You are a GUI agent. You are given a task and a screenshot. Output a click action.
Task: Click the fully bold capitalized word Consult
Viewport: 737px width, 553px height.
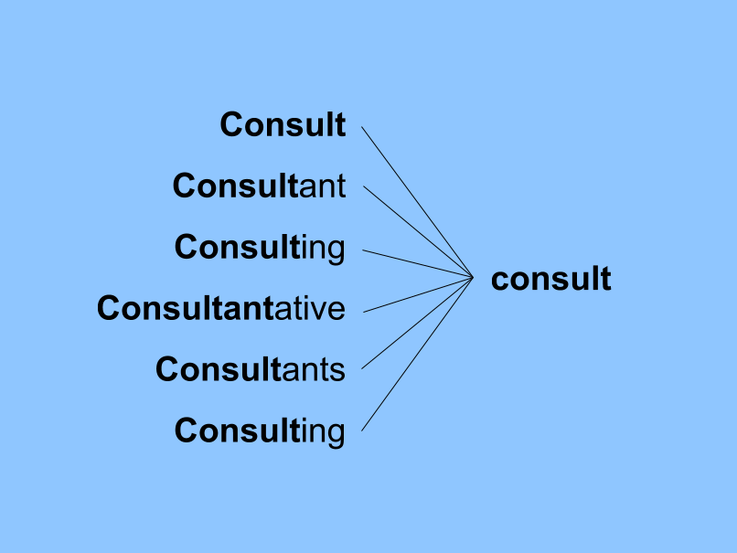pos(283,124)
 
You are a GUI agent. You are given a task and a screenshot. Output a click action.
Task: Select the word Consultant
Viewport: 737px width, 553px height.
pos(259,186)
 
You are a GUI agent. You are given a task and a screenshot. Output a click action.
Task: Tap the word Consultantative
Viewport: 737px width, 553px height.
pos(220,308)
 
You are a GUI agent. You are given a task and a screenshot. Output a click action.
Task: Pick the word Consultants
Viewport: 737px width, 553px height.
pos(250,369)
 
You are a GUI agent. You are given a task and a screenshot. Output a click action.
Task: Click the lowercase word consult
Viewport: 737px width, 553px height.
pos(550,279)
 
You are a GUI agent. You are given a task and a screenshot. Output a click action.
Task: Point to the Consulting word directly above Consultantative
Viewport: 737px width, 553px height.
pos(260,247)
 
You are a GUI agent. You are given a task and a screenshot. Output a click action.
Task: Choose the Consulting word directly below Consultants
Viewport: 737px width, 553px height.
pos(260,430)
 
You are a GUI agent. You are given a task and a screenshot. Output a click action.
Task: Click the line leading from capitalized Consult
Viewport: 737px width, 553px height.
pos(416,200)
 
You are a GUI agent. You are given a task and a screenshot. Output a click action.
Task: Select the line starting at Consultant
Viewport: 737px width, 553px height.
pos(418,230)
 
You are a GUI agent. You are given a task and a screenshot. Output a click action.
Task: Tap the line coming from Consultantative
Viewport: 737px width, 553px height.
pos(418,294)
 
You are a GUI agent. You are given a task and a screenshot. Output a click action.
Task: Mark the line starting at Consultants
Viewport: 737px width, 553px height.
pos(418,323)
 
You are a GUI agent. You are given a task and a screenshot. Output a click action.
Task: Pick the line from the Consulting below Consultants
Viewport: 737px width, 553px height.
pos(417,353)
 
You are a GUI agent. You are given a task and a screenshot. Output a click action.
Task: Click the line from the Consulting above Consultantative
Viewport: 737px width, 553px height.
pos(418,262)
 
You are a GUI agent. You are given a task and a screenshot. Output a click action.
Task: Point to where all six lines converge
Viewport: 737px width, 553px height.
pos(473,277)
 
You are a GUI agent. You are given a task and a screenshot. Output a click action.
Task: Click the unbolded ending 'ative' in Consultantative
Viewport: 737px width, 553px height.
pos(310,308)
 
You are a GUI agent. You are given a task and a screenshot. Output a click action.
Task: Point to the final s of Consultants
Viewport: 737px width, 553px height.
pos(337,370)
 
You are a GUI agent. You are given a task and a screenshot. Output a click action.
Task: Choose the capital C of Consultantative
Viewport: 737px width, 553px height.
pos(109,308)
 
